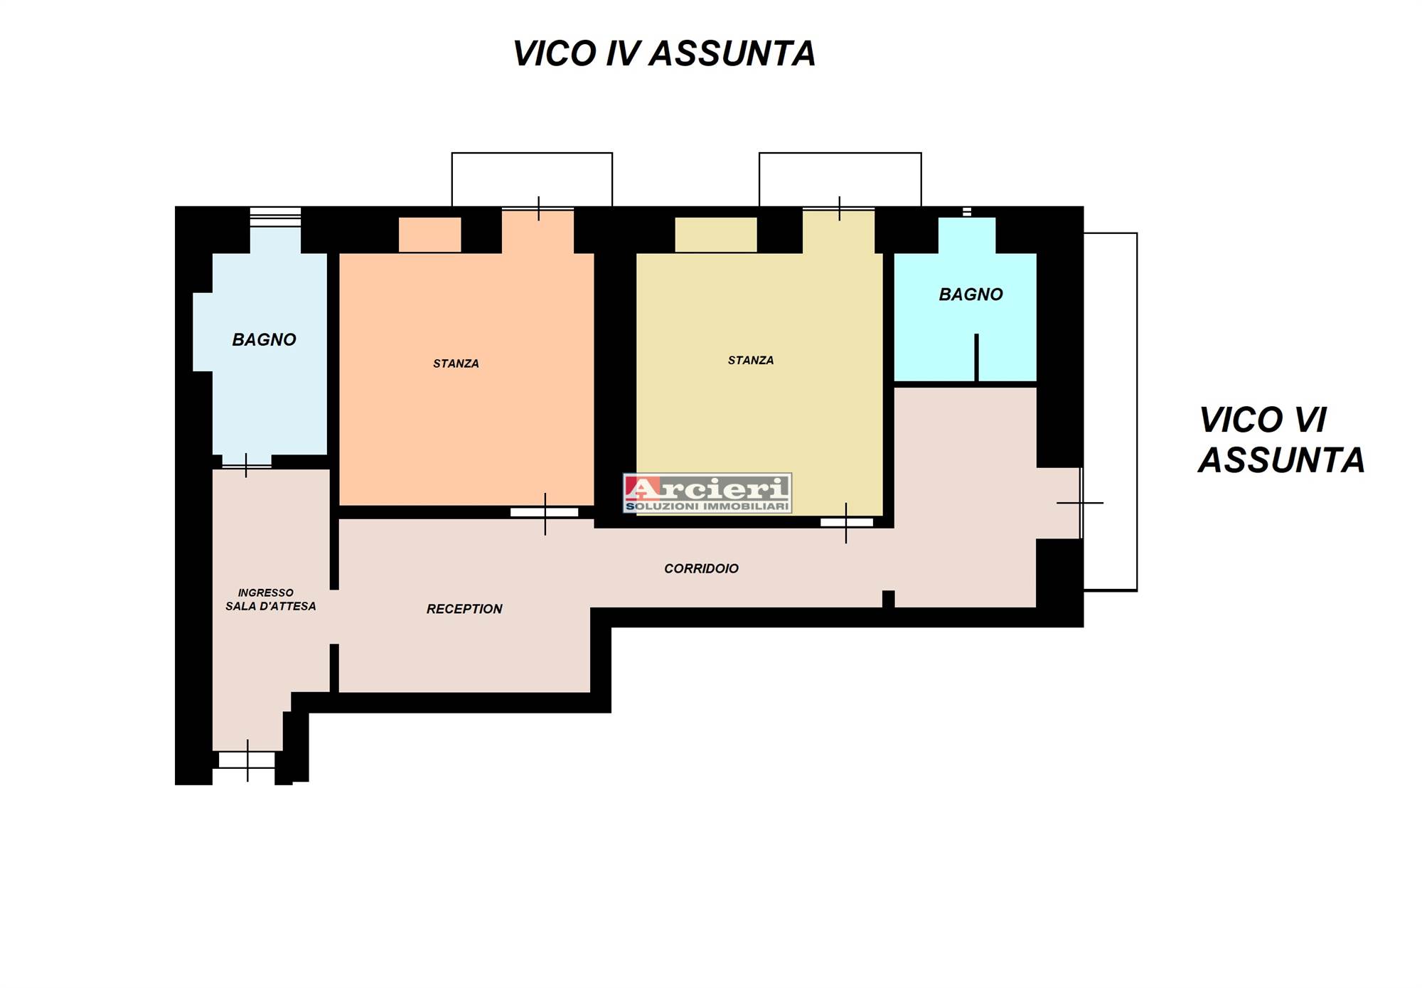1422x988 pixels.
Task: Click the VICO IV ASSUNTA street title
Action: (x=664, y=54)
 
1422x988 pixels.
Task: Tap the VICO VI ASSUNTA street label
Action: (x=1281, y=440)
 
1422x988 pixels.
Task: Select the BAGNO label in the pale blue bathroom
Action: (x=264, y=340)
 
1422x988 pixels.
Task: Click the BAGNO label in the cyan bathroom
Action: (x=971, y=294)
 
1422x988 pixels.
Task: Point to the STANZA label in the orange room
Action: (x=456, y=363)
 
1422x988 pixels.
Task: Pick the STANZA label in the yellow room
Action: (x=751, y=361)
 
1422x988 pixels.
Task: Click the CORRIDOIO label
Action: (x=701, y=568)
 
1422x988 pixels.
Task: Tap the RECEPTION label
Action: (x=464, y=609)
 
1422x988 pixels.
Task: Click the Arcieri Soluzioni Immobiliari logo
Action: (x=707, y=493)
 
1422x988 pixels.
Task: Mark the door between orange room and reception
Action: (x=545, y=513)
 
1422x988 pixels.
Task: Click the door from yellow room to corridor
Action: (x=846, y=523)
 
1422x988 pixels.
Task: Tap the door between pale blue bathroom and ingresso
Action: (x=246, y=465)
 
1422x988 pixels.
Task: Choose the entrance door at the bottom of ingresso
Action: (x=247, y=760)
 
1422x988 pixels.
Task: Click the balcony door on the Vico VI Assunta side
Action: (x=1080, y=503)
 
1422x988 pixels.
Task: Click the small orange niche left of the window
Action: (x=429, y=235)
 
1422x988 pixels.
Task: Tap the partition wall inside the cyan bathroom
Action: (x=976, y=358)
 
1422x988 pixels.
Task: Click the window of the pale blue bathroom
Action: (x=275, y=217)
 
